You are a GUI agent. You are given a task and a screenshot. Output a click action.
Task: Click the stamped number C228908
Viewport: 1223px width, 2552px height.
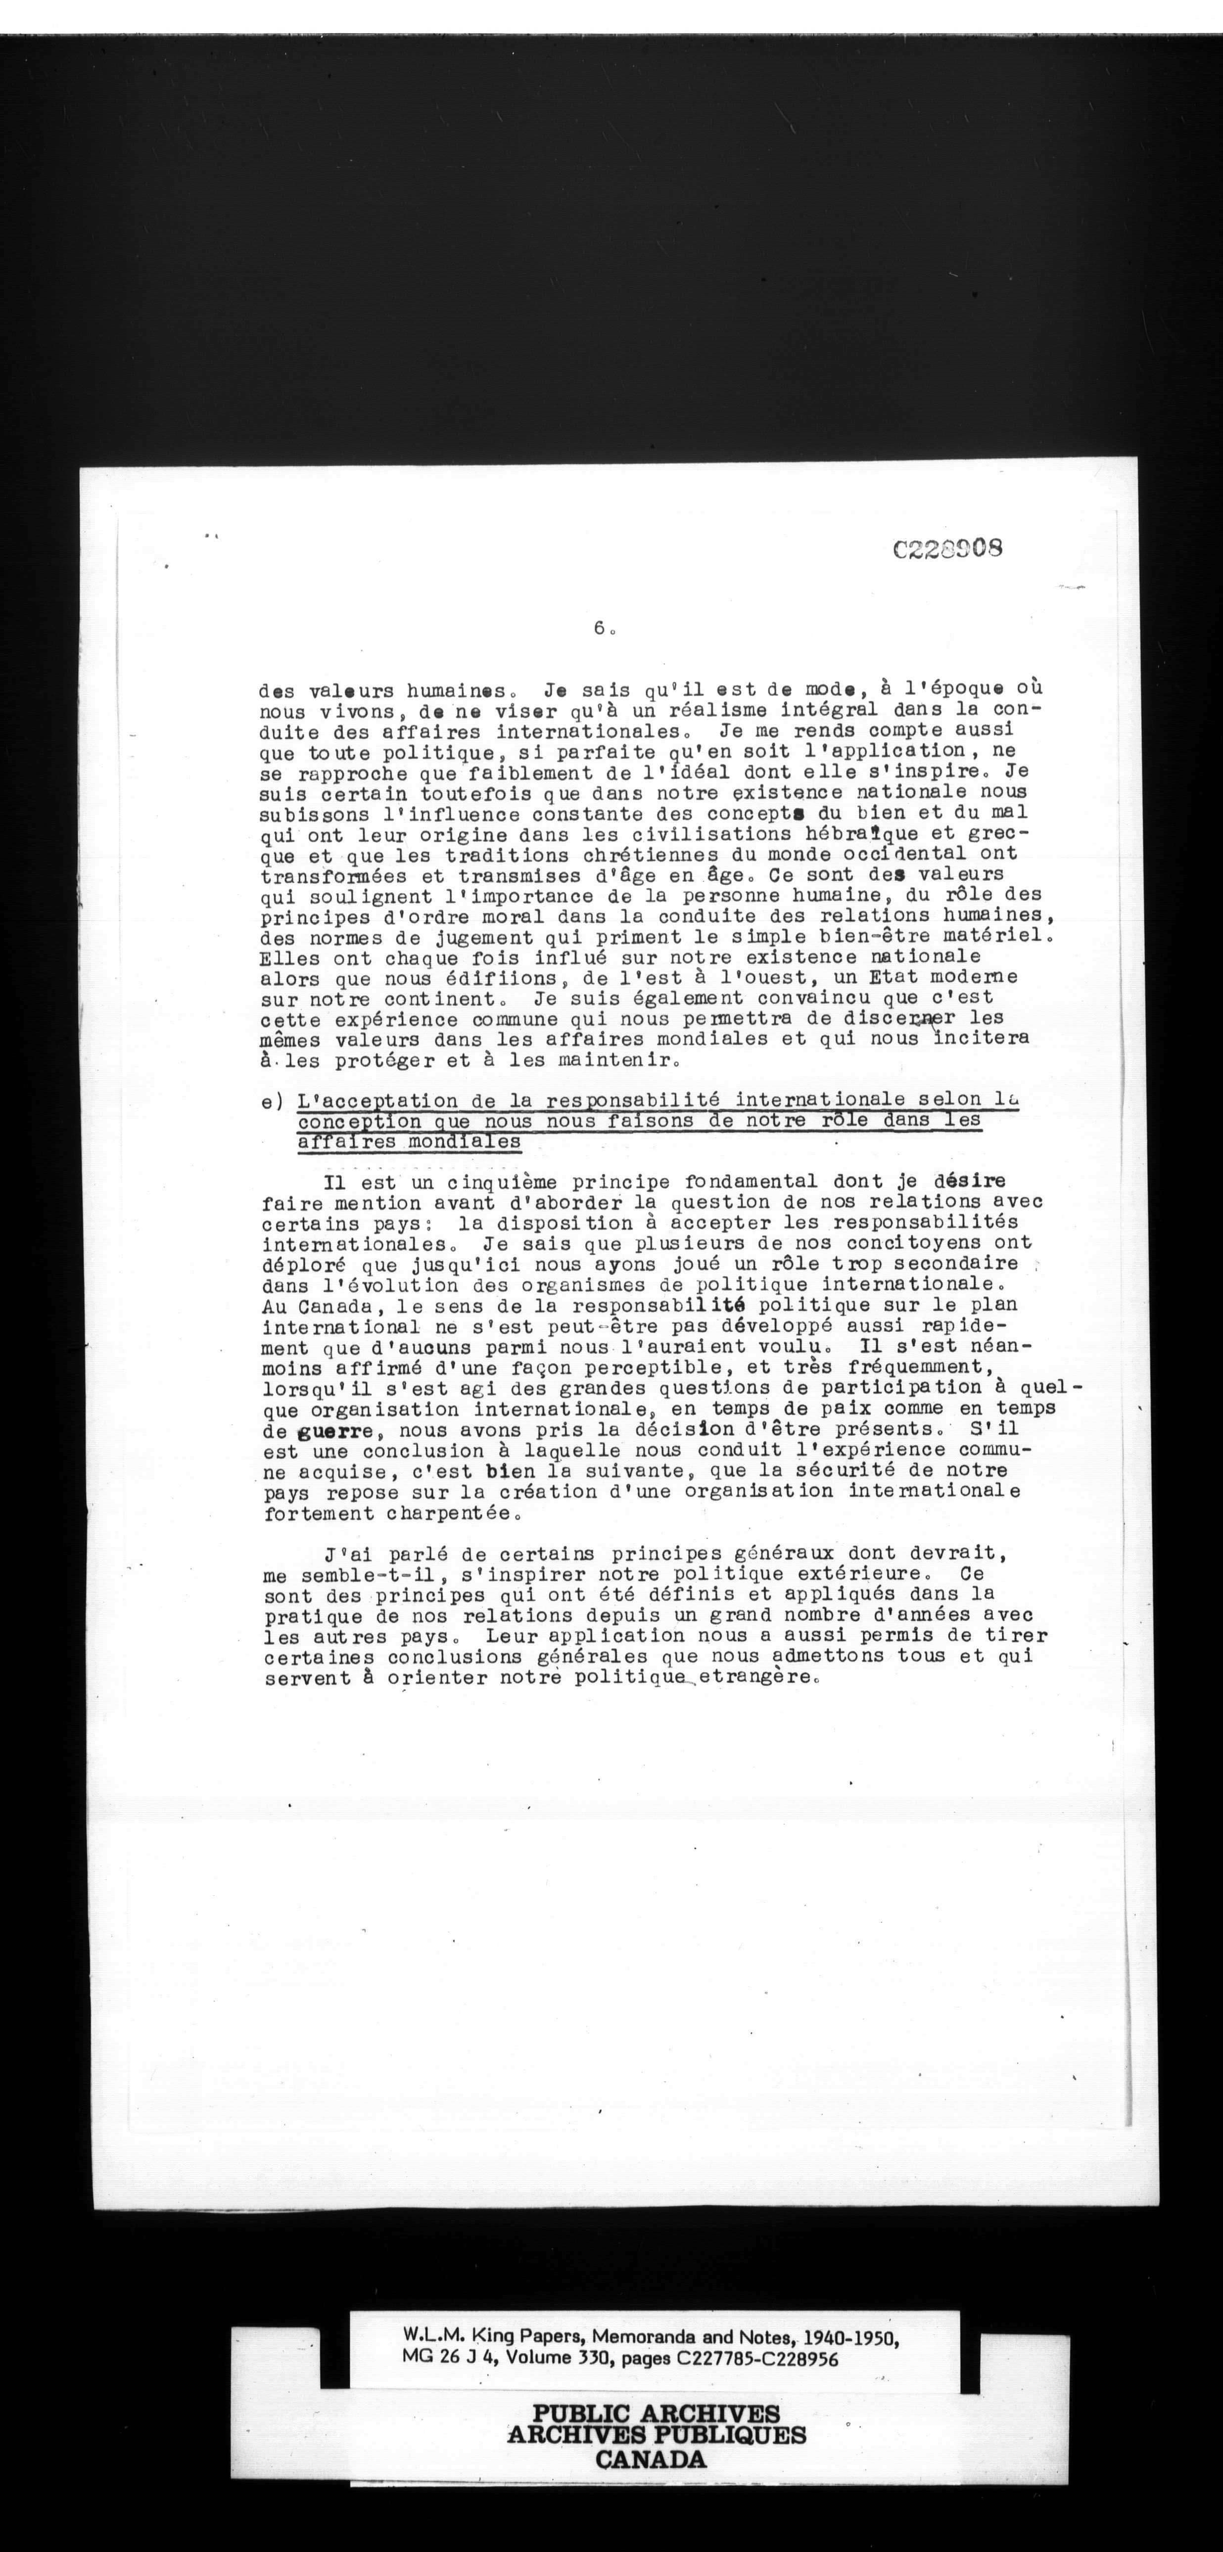[x=946, y=548]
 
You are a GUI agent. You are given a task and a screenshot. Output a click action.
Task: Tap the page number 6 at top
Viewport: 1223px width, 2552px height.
[x=601, y=628]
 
